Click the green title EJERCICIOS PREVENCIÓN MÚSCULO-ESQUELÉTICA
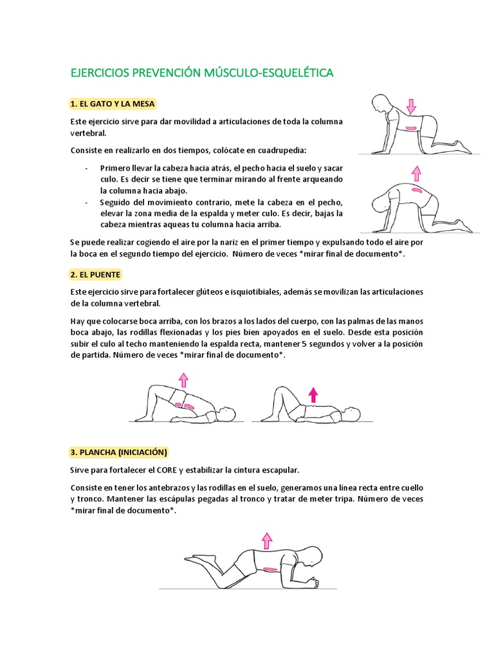[x=201, y=73]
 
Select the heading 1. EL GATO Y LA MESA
[x=113, y=104]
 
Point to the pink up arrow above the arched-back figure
[x=416, y=172]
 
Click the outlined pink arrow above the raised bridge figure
[x=183, y=379]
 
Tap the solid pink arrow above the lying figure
[x=313, y=394]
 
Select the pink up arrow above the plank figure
[x=267, y=539]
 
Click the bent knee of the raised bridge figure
[x=152, y=390]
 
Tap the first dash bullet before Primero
[x=86, y=168]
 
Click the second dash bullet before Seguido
[x=86, y=202]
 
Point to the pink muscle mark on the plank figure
[x=269, y=569]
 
